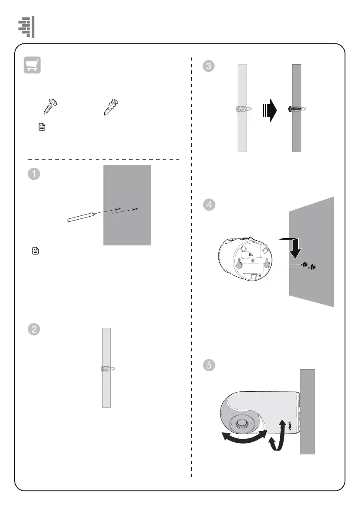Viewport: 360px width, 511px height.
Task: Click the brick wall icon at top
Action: (26, 27)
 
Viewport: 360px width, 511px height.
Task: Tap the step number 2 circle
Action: (34, 330)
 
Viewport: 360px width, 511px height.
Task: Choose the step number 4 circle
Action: (209, 205)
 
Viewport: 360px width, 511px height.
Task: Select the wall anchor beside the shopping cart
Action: (111, 106)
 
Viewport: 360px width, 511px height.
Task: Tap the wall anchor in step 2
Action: (107, 369)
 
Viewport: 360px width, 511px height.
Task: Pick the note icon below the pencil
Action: (36, 251)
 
